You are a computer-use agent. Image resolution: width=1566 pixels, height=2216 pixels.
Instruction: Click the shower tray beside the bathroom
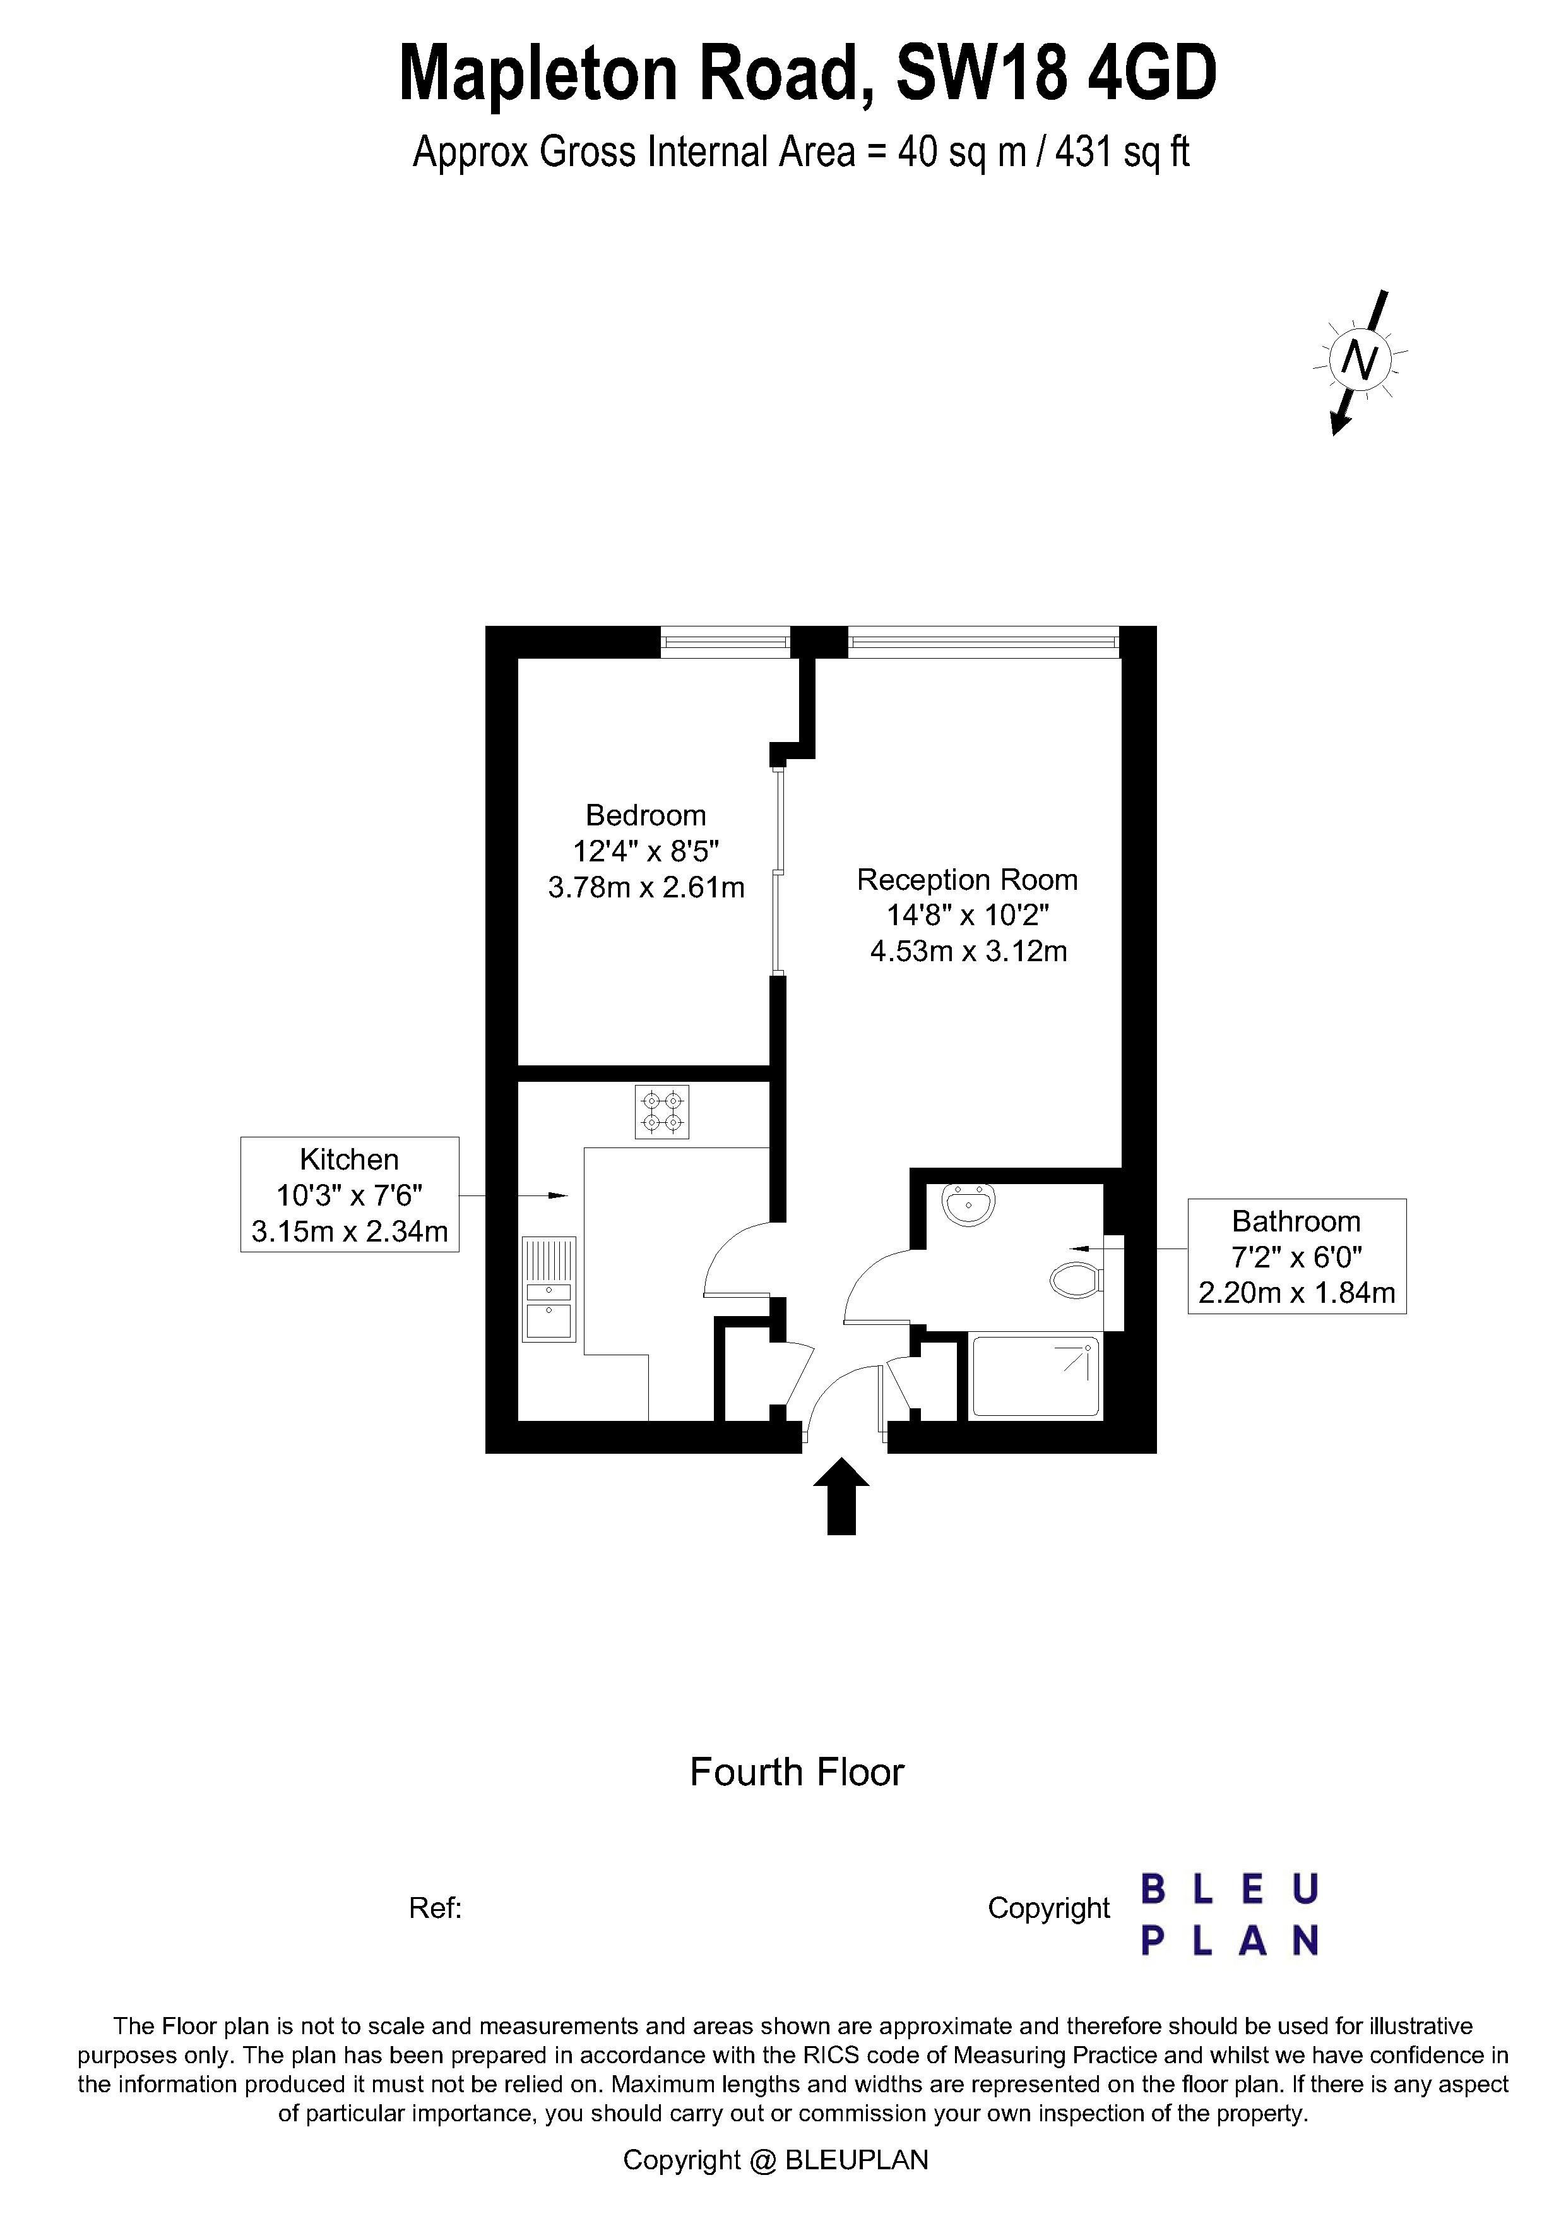click(x=1035, y=1375)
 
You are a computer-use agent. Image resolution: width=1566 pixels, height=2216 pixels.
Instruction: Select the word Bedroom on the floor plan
click(x=646, y=815)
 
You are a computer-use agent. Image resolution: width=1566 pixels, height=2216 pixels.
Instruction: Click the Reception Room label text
click(x=967, y=880)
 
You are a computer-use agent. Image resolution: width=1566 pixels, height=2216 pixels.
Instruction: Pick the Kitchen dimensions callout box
click(x=349, y=1195)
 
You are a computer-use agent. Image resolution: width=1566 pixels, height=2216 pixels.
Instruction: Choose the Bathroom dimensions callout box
click(x=1296, y=1257)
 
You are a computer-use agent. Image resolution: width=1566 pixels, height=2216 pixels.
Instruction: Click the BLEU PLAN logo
click(x=1230, y=1914)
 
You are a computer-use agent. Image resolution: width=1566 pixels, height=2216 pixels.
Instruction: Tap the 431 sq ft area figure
click(x=1122, y=152)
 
